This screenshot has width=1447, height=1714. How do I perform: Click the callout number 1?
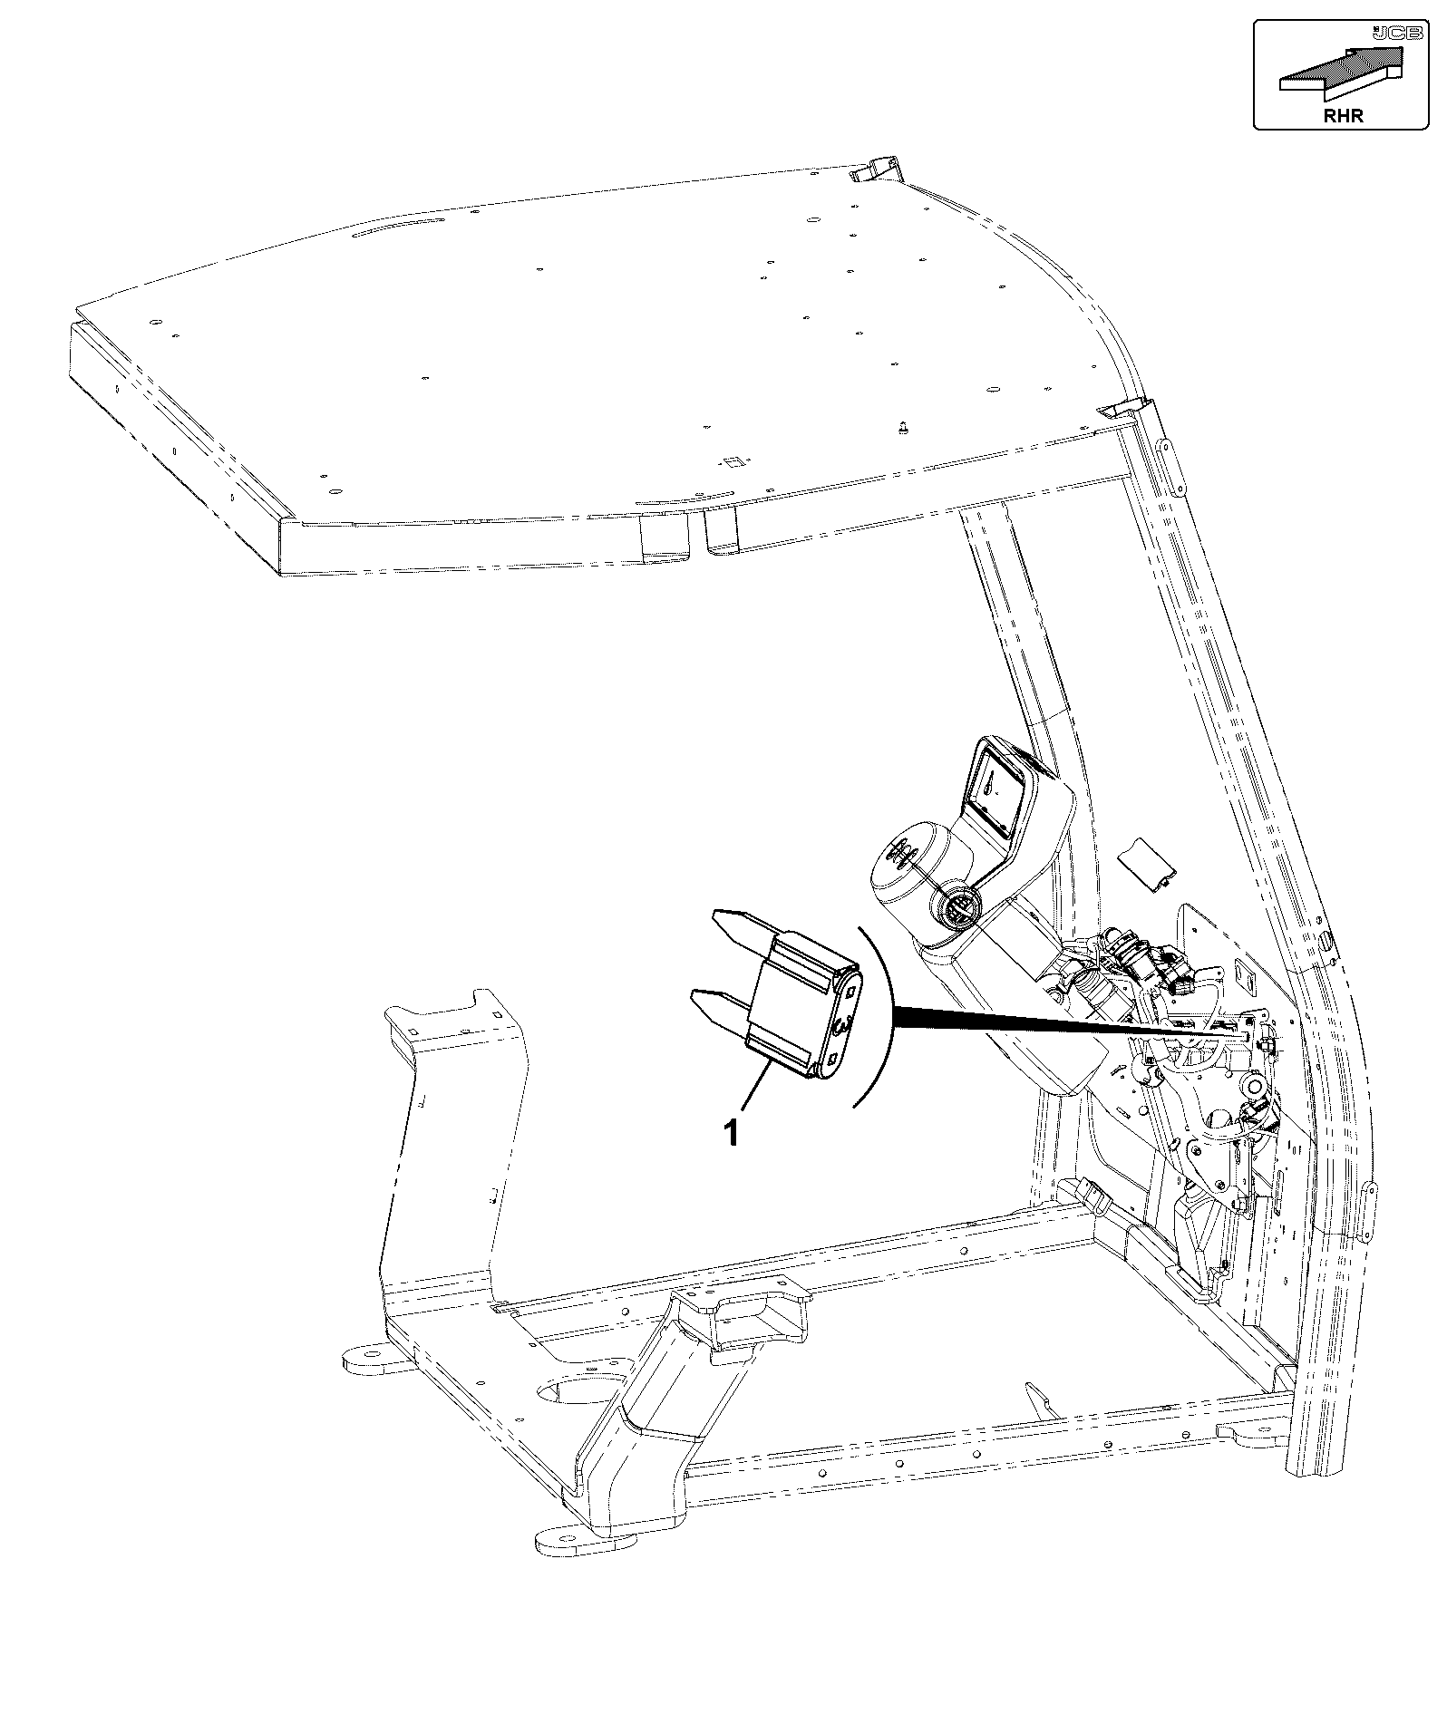[x=730, y=1133]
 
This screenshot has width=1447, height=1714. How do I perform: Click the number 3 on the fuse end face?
[x=840, y=1025]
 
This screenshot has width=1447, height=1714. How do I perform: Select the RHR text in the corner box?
[x=1343, y=115]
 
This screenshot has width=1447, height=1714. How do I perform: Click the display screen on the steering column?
[x=995, y=790]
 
